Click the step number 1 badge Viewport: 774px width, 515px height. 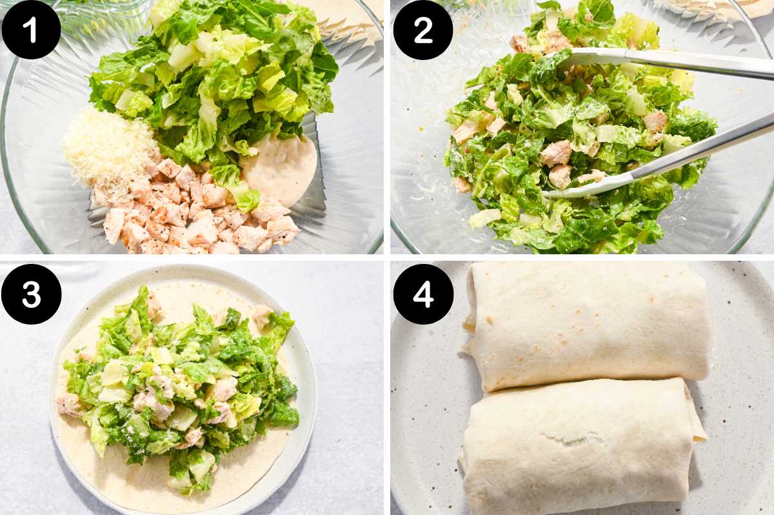coord(31,30)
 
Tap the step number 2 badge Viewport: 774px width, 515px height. coord(423,30)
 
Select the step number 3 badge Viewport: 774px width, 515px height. coord(31,294)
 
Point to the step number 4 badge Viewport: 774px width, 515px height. coord(423,294)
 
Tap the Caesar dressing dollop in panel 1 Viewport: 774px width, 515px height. coord(281,167)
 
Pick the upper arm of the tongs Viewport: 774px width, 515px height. coord(671,62)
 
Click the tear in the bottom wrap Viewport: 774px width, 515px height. coord(568,439)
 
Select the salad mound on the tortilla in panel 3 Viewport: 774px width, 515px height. coord(181,381)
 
